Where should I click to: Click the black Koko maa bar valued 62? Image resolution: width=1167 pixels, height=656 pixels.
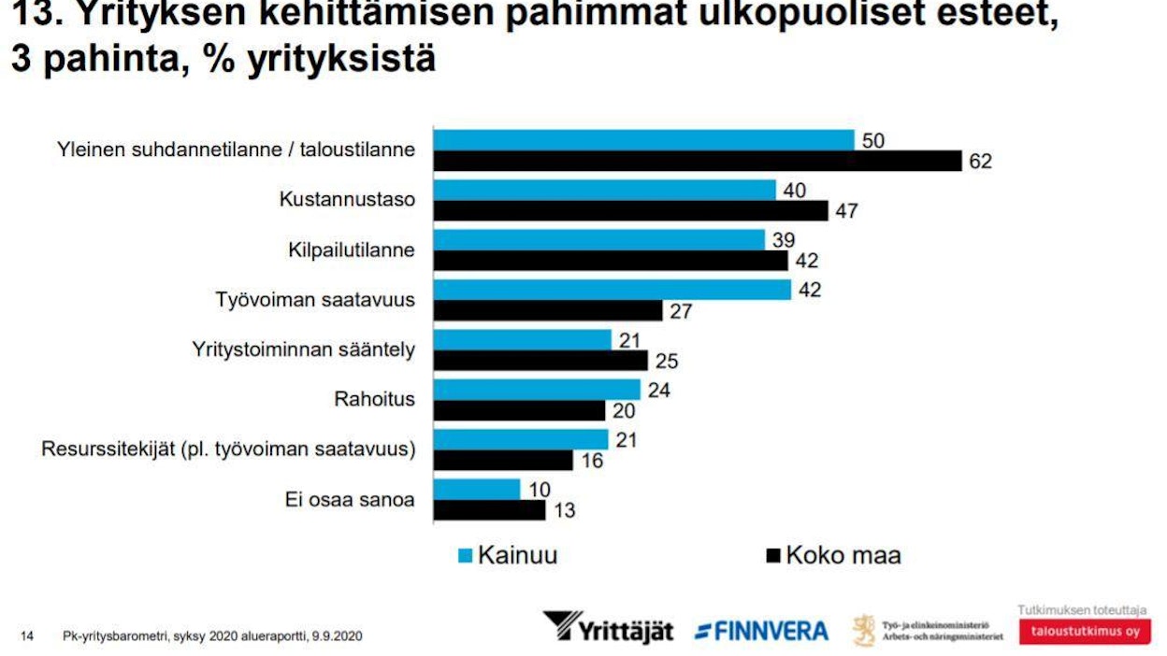coord(698,162)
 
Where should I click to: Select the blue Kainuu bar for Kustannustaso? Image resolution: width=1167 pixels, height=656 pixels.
coord(605,191)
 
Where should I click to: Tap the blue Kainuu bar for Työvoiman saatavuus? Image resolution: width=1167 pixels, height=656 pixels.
coord(612,291)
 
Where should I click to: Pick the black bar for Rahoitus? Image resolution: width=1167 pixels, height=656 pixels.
coord(520,411)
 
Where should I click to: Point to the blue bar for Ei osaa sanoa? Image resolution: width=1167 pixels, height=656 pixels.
coord(477,490)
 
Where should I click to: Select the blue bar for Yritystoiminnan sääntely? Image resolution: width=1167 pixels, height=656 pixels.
coord(523,340)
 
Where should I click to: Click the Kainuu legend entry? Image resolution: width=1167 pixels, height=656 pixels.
coord(508,555)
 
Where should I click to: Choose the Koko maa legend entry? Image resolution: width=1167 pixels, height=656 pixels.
coord(832,555)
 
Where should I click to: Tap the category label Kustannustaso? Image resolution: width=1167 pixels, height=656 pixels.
coord(347,200)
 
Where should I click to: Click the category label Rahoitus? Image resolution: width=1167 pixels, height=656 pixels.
coord(374,400)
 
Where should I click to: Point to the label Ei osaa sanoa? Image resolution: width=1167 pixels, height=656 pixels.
coord(350,500)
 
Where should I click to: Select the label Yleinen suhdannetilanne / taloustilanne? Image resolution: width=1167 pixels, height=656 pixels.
coord(236,150)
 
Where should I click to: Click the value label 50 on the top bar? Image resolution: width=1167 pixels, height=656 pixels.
coord(873,141)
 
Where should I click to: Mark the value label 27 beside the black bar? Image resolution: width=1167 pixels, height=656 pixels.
coord(681,311)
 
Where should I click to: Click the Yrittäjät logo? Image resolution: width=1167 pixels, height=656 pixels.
coord(608,627)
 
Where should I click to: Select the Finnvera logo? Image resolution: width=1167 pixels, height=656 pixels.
coord(761,631)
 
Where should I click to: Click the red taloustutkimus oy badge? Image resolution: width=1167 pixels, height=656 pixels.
coord(1085,632)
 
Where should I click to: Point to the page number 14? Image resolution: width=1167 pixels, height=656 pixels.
coord(27,636)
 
